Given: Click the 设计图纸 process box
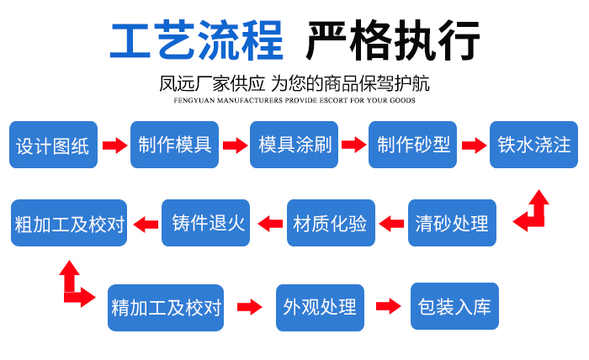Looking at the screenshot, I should click(52, 146).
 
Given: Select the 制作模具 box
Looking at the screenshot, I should click(174, 145).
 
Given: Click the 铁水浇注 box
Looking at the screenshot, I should click(533, 145).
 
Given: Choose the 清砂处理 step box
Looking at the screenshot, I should click(452, 223).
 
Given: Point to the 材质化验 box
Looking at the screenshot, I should click(330, 223).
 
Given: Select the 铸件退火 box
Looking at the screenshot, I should click(207, 223).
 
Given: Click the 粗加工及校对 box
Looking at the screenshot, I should click(70, 224).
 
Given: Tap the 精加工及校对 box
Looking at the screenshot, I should click(166, 307).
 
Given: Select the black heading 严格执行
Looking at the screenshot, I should click(393, 40).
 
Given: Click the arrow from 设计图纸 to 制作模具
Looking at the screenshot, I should click(114, 146).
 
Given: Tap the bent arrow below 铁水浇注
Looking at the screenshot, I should click(533, 211).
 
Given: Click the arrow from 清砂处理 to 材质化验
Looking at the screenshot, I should click(390, 223).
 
